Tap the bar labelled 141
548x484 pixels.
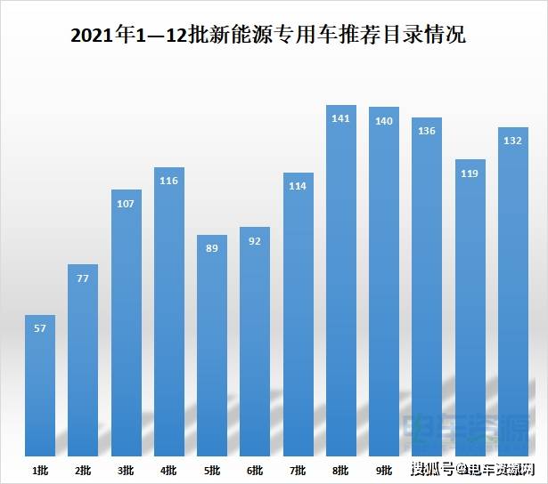(341, 285)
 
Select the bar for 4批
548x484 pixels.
(169, 311)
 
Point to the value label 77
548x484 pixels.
(83, 278)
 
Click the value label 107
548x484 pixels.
(126, 204)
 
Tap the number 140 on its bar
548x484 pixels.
(384, 121)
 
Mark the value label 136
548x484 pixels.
(427, 132)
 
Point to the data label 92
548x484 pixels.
(255, 241)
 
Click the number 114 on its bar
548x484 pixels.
(298, 187)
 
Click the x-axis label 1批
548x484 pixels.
(40, 470)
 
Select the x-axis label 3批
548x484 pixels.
(126, 470)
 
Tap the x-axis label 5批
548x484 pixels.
(212, 470)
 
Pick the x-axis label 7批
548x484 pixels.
(298, 470)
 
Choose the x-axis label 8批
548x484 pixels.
(341, 470)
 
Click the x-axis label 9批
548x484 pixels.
(384, 470)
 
